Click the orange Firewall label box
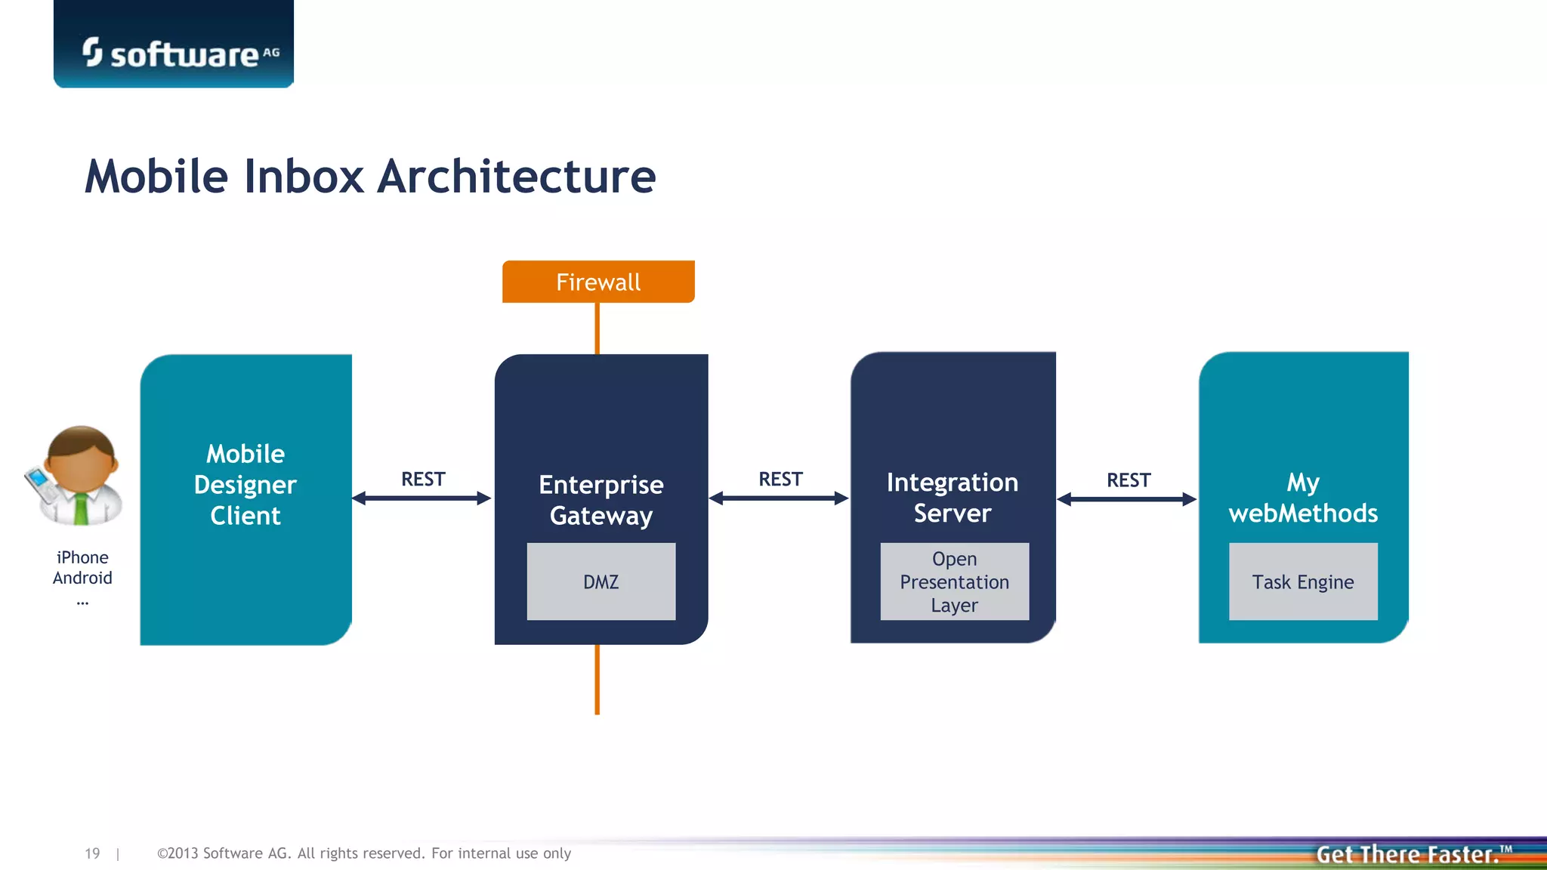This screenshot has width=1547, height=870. [598, 282]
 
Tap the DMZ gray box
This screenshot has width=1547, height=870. [601, 582]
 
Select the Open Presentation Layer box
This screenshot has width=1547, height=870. [954, 582]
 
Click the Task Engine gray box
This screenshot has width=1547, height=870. [1303, 582]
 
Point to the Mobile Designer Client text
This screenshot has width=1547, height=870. [245, 484]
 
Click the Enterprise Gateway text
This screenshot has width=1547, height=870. [601, 499]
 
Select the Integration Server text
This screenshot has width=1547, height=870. [953, 497]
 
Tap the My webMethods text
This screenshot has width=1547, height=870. [1303, 497]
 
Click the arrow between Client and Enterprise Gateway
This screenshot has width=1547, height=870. [422, 498]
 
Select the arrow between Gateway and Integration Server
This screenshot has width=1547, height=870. [779, 498]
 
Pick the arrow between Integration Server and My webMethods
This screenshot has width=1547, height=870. [1127, 499]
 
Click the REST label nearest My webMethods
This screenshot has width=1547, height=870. [1129, 480]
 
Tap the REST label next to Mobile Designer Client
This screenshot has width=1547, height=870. [423, 479]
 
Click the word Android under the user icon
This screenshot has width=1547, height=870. [82, 578]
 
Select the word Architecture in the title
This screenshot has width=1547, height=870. [517, 177]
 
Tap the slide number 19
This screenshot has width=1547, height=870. [92, 853]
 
